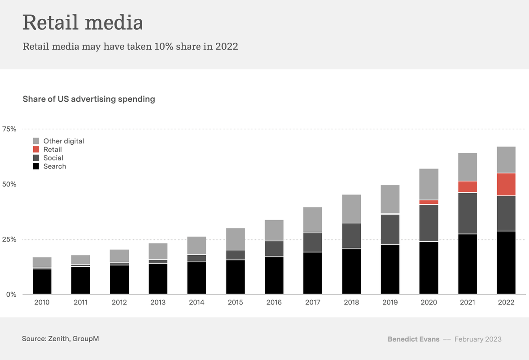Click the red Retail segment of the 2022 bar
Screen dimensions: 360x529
tap(506, 184)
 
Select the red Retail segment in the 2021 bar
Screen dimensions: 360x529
tap(467, 187)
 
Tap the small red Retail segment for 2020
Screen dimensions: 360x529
tap(428, 202)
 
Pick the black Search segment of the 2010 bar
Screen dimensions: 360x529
tap(42, 281)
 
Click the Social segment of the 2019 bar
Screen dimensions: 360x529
tap(390, 230)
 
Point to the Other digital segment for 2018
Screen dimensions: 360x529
tap(351, 208)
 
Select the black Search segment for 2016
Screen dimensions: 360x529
tap(274, 275)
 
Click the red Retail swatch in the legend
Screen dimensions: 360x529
tap(36, 149)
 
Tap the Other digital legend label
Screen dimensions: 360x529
tap(64, 141)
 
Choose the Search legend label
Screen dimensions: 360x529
tap(55, 166)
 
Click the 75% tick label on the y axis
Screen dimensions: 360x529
tap(9, 129)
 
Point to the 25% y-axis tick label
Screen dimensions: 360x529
tap(9, 239)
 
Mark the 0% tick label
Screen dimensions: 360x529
tap(11, 295)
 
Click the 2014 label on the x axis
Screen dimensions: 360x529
tap(197, 303)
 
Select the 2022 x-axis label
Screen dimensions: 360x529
tap(506, 303)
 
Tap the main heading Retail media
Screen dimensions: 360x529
tap(83, 22)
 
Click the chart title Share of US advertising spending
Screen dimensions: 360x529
tap(89, 99)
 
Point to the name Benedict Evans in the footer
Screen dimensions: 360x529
tap(413, 339)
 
